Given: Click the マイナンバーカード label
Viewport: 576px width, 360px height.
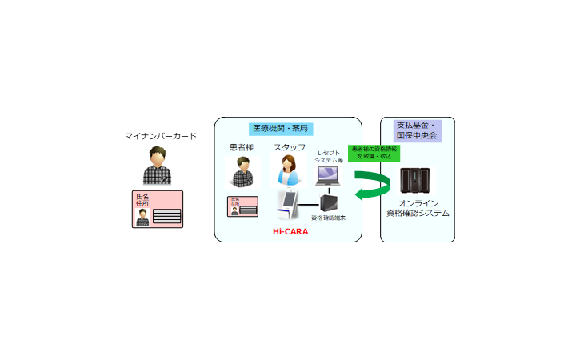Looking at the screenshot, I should click(x=161, y=136).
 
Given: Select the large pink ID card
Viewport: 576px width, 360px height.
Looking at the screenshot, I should click(x=158, y=209).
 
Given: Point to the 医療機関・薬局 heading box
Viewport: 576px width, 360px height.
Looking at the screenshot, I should click(x=280, y=128).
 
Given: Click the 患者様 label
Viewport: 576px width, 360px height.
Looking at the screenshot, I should click(x=241, y=147).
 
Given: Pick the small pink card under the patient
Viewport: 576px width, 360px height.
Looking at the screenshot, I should click(x=242, y=206).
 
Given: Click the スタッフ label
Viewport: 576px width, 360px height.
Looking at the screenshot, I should click(x=289, y=147).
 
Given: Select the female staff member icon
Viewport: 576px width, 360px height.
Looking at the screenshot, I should click(x=289, y=171).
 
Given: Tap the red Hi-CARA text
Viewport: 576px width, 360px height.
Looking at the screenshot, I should click(x=290, y=231).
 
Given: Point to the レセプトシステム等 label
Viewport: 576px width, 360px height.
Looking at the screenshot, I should click(x=329, y=157).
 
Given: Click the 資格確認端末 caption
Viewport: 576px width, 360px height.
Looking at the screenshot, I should click(x=329, y=218).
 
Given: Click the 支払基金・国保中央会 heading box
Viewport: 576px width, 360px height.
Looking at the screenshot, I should click(x=418, y=130).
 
